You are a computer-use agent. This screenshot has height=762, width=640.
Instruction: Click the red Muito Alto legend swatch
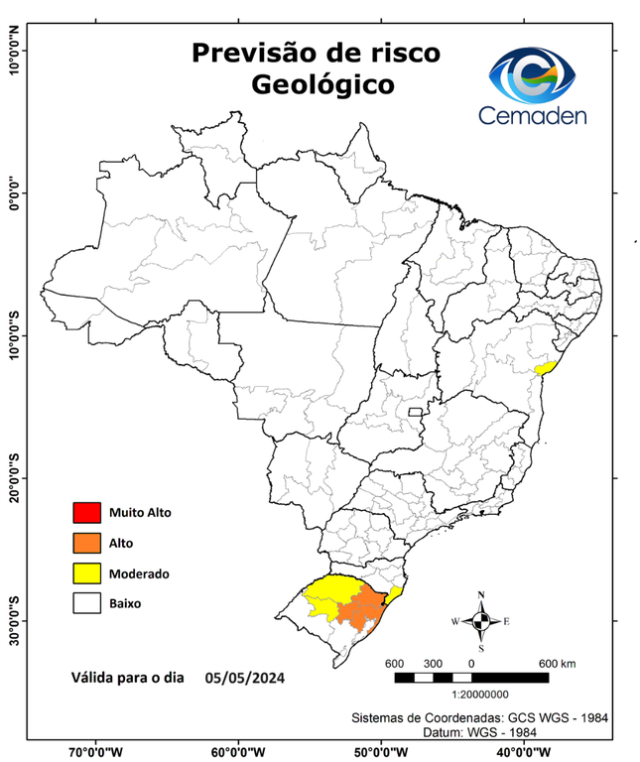(86, 513)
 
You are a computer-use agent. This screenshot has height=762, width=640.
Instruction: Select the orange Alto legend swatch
(86, 543)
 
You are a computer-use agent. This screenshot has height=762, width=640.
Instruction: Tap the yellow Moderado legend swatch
(86, 572)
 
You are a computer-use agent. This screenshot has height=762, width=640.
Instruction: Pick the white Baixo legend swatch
(86, 602)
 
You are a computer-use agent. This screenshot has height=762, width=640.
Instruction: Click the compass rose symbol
(480, 621)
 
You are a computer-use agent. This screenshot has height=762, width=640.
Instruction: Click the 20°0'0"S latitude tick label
(14, 478)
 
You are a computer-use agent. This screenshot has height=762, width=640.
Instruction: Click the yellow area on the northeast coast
(543, 368)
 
